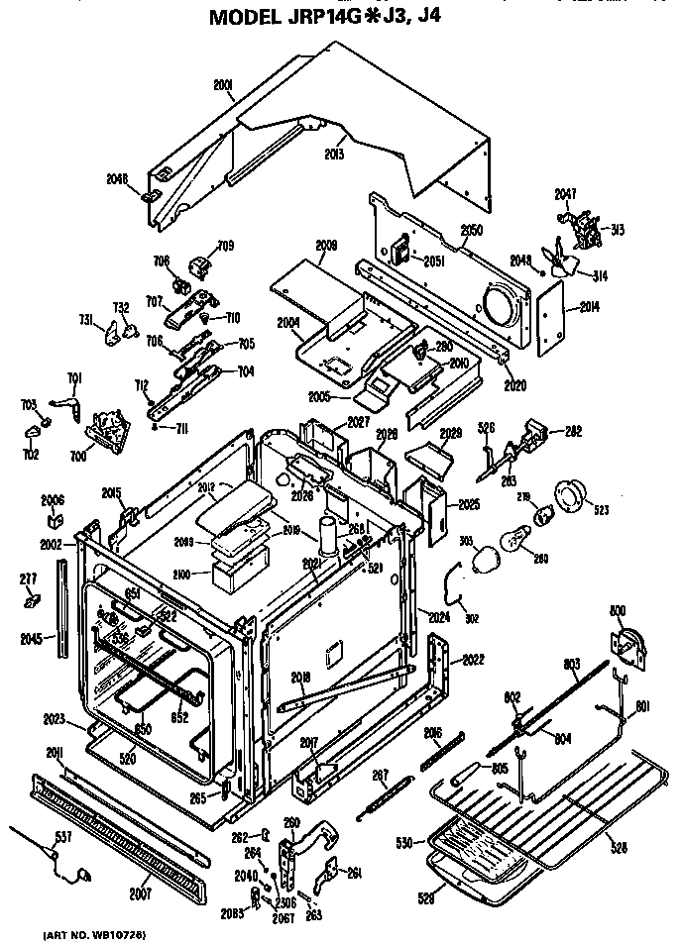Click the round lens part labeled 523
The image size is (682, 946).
click(571, 493)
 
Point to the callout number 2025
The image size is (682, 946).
click(469, 504)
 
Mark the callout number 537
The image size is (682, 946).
click(63, 838)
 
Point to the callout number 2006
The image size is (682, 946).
click(52, 499)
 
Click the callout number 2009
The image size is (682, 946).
click(326, 245)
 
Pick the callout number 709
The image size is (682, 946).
click(226, 245)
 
